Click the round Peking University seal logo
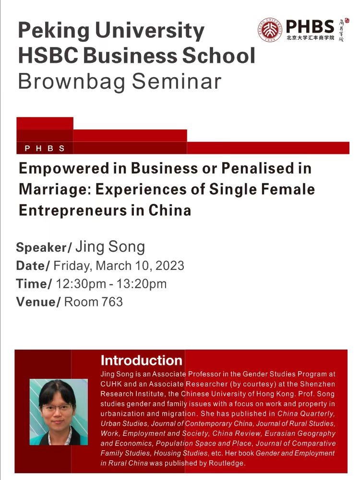(x=270, y=29)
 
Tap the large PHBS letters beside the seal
(x=310, y=26)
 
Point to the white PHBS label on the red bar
(x=45, y=149)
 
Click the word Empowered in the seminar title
(x=64, y=169)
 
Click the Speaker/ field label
(x=44, y=247)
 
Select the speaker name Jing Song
(x=110, y=247)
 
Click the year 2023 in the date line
(x=170, y=265)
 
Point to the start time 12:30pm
(x=81, y=284)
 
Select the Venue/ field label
(x=38, y=302)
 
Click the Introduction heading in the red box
(x=141, y=360)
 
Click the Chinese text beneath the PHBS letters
(x=310, y=38)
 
